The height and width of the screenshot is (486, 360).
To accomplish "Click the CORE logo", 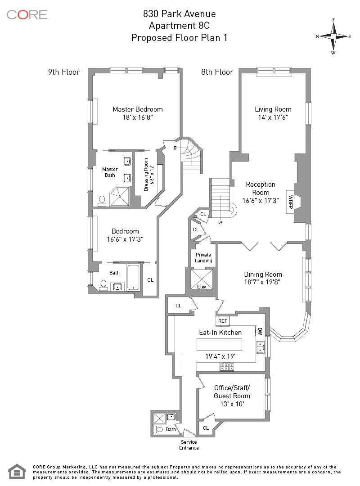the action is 27,14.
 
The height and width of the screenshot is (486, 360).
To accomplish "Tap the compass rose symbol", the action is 333,36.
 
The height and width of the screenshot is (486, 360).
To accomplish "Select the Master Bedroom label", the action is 138,109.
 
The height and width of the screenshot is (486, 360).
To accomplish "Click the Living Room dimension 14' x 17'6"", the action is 273,117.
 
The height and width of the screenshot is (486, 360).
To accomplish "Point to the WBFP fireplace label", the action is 291,199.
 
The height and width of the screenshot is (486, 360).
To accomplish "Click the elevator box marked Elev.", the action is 202,279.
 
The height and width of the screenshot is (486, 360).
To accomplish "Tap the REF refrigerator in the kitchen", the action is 222,321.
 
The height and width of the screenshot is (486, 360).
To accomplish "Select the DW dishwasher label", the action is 260,331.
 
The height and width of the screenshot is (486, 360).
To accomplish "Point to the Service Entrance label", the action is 189,445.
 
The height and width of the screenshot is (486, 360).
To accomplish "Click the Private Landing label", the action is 203,258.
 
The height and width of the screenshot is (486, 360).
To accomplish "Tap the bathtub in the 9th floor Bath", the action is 133,278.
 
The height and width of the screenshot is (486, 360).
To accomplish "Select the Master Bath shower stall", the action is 121,197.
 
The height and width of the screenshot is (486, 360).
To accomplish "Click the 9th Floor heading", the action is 64,72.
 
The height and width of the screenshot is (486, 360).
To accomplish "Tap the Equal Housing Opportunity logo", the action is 17,471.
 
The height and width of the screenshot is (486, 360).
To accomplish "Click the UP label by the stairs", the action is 220,222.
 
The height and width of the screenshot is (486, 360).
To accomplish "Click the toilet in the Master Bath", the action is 102,200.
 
